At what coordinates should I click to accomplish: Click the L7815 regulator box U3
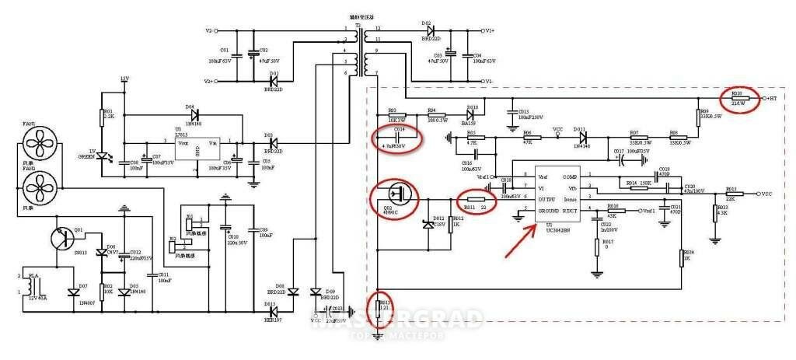(195, 147)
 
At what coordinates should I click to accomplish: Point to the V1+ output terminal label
(488, 31)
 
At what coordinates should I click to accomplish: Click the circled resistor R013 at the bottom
(379, 307)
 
